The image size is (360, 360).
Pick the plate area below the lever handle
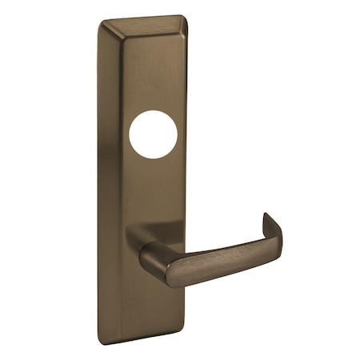click(160, 308)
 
